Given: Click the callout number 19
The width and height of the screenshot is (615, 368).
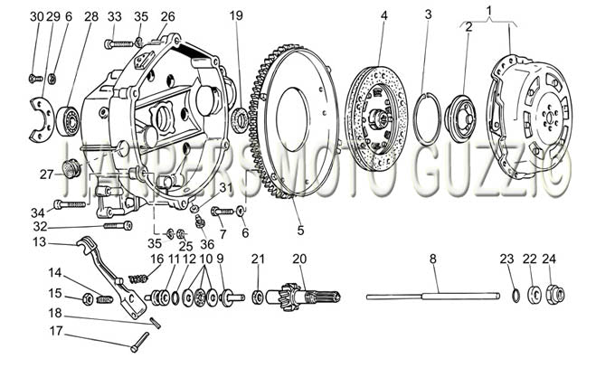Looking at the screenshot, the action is click(x=236, y=15).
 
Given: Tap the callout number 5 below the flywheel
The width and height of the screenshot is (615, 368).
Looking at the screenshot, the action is click(x=300, y=231).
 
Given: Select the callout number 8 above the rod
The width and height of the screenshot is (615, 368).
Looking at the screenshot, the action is click(x=432, y=259).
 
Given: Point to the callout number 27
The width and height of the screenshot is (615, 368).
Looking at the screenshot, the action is click(x=46, y=175).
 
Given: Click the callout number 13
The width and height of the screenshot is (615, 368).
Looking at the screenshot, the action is click(x=40, y=242).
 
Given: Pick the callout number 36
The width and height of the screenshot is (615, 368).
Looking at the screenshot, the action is click(x=207, y=244).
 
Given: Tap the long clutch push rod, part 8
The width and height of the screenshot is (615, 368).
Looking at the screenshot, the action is click(x=433, y=297).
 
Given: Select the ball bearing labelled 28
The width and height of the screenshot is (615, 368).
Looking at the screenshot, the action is click(x=69, y=120).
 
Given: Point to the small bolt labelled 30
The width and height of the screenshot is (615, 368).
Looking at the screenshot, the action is click(x=35, y=79).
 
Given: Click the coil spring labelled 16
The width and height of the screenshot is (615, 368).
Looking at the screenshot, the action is click(x=139, y=279).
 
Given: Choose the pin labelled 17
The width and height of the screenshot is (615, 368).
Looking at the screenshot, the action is click(x=140, y=342).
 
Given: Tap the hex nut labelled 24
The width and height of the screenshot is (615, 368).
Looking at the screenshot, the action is click(x=556, y=295).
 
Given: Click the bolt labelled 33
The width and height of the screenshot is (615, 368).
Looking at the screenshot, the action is click(x=118, y=43).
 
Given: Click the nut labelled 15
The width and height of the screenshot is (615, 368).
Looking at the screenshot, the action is click(x=88, y=300).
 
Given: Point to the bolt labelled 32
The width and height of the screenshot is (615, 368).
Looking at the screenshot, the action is click(x=118, y=226).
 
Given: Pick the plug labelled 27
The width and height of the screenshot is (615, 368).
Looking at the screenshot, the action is click(x=71, y=169).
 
